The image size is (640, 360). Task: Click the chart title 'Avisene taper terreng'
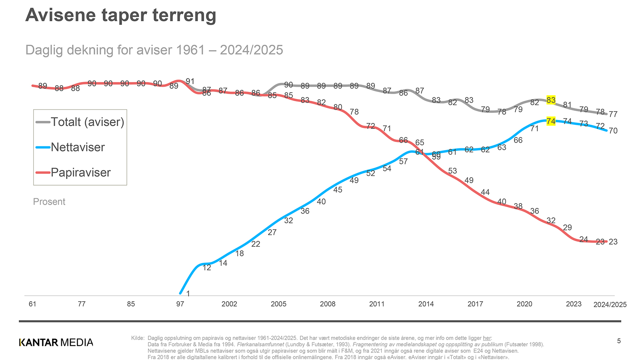click(x=120, y=16)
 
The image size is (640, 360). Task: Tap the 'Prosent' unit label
click(x=49, y=202)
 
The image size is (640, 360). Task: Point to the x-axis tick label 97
click(x=180, y=304)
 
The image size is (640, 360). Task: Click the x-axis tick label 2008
click(x=328, y=304)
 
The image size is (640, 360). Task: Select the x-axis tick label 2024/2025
click(x=610, y=305)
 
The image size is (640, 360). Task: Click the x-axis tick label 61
click(x=32, y=304)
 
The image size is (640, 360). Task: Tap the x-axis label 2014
click(x=426, y=304)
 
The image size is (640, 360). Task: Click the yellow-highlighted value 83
click(x=551, y=100)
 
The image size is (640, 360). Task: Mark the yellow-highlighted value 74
click(x=551, y=121)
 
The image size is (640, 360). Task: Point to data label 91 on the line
click(x=190, y=82)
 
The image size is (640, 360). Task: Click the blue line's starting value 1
click(x=188, y=294)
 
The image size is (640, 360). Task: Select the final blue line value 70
click(x=613, y=131)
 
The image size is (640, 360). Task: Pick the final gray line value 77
click(x=613, y=114)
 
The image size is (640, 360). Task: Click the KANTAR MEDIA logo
click(x=56, y=342)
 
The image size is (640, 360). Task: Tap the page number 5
click(x=619, y=341)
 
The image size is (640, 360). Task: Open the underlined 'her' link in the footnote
click(x=487, y=338)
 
